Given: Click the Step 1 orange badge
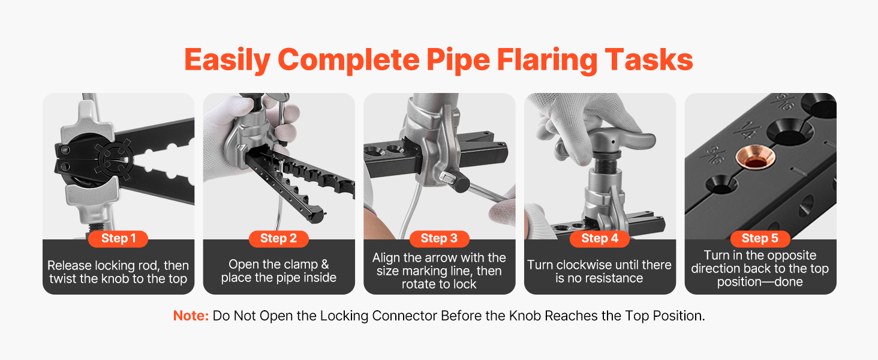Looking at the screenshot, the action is (x=118, y=238).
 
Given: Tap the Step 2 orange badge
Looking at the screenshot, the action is (x=279, y=238).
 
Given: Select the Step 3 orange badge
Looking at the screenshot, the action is (x=439, y=238).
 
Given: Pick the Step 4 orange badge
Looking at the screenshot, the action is (x=600, y=238).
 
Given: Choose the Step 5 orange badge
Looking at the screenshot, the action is (x=760, y=238).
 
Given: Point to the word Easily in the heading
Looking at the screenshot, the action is (x=227, y=61).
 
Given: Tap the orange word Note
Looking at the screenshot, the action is (x=191, y=316).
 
